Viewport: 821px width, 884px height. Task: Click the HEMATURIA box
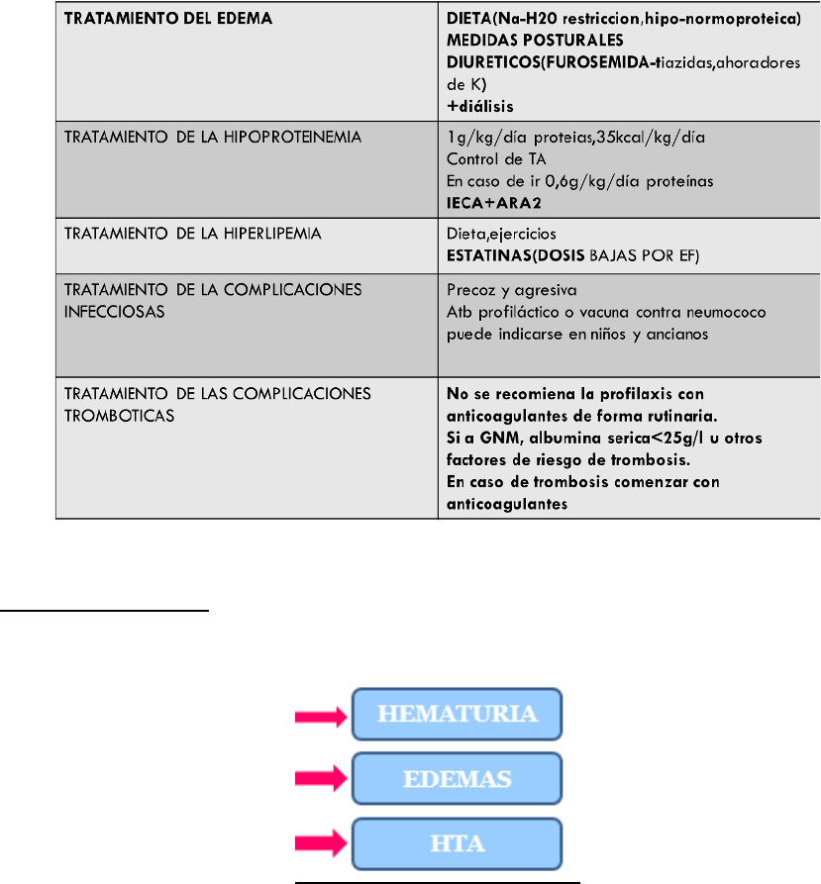click(458, 714)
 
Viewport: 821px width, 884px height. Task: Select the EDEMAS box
click(458, 778)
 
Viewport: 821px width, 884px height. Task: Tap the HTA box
click(458, 843)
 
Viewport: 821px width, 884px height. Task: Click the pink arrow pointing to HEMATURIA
click(323, 714)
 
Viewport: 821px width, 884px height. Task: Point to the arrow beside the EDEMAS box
click(323, 778)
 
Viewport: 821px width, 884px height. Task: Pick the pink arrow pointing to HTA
click(323, 843)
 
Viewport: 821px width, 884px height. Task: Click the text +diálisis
click(480, 102)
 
